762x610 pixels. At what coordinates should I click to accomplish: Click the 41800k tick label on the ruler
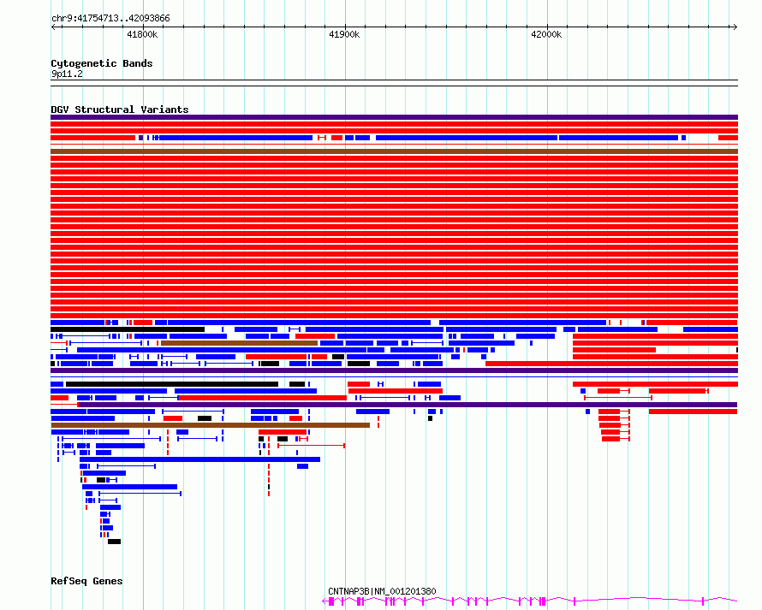(x=142, y=34)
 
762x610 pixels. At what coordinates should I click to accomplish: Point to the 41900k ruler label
(x=344, y=34)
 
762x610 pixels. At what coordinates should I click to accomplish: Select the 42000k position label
(x=547, y=34)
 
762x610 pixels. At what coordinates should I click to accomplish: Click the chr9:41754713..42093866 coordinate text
(x=110, y=19)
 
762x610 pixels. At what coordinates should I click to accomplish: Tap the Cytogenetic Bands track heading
(x=102, y=63)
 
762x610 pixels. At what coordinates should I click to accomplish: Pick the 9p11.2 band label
(x=67, y=74)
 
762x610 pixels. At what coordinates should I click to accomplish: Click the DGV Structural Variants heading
(x=120, y=110)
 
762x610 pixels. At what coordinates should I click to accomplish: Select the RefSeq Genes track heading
(x=86, y=581)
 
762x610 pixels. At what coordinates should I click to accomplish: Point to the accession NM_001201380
(x=405, y=591)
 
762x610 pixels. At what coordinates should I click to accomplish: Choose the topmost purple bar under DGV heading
(x=394, y=117)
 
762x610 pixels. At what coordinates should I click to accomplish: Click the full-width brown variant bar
(x=394, y=151)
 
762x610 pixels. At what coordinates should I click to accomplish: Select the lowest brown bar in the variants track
(x=211, y=425)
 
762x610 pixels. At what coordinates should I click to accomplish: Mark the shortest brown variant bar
(x=239, y=343)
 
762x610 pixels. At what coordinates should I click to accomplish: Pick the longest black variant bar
(x=172, y=384)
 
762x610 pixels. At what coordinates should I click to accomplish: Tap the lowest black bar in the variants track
(x=114, y=542)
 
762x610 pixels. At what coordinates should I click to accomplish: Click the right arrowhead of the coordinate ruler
(x=735, y=27)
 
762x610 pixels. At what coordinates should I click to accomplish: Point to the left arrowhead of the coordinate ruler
(x=53, y=27)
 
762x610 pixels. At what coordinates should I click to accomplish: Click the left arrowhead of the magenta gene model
(x=324, y=601)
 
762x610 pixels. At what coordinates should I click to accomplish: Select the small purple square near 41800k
(x=141, y=138)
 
